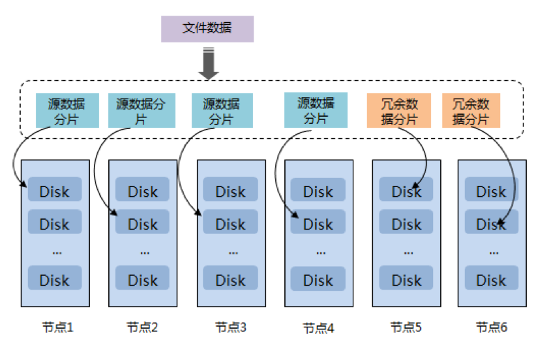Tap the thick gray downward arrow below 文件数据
coord(207,64)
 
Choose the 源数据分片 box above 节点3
coord(221,111)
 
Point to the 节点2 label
coord(142,327)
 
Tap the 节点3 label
coord(230,327)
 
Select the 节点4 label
coord(318,327)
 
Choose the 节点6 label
coord(491,327)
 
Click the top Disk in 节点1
coord(54,192)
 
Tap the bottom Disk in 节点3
coord(230,280)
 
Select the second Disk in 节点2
coord(142,224)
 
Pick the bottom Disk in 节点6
coord(491,280)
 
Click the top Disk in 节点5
coord(406,192)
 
